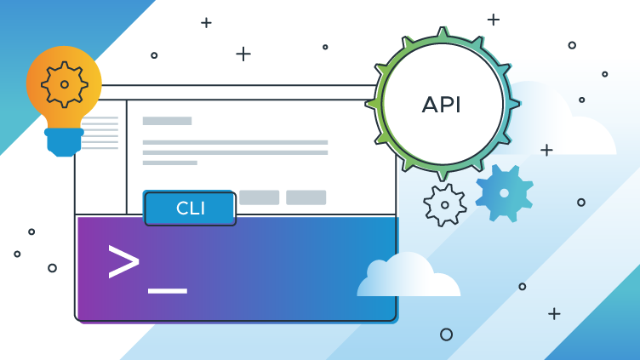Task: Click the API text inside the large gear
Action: pos(442,105)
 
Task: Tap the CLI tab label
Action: pos(189,208)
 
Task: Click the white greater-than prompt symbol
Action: pos(123,261)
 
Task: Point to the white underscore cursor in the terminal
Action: pos(167,291)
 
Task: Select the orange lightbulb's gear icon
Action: pos(65,84)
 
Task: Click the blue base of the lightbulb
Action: pos(65,141)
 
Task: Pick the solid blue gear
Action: pos(504,193)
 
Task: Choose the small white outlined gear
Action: pos(444,205)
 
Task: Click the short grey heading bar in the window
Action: pos(167,121)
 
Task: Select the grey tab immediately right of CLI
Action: pos(259,197)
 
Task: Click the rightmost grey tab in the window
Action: pos(306,197)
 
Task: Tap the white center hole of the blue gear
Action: pos(504,193)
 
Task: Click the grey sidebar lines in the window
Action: pos(100,133)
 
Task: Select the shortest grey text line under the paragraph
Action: pos(169,163)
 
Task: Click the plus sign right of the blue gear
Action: pos(546,150)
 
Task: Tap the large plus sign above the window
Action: pos(243,54)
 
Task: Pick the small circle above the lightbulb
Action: pos(154,55)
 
